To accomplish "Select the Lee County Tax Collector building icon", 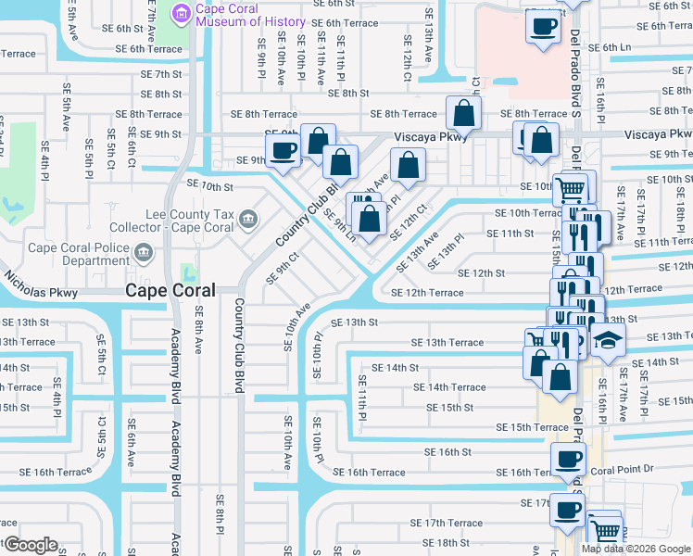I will [247, 220].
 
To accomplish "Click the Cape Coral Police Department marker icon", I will [143, 252].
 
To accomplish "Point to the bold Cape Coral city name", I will [170, 290].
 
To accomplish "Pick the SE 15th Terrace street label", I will [532, 427].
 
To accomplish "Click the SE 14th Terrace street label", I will [449, 387].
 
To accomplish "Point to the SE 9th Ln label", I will [339, 225].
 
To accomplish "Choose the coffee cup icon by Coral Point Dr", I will [568, 458].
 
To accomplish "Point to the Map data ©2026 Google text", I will [635, 549].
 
